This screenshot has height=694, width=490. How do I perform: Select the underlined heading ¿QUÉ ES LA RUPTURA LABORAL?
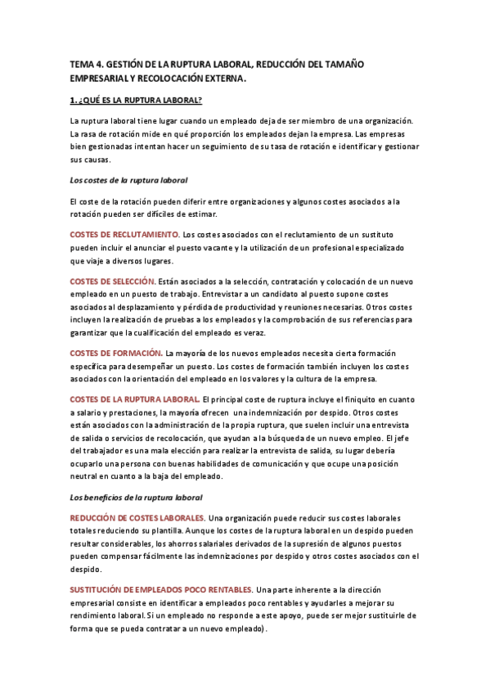coord(137,101)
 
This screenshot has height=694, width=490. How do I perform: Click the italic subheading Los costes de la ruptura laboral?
coord(131,180)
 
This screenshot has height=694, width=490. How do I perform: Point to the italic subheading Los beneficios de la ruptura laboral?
coord(136,498)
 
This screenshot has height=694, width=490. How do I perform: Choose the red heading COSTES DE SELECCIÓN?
coord(112,282)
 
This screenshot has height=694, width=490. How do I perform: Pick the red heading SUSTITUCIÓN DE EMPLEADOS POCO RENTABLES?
coord(160,590)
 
